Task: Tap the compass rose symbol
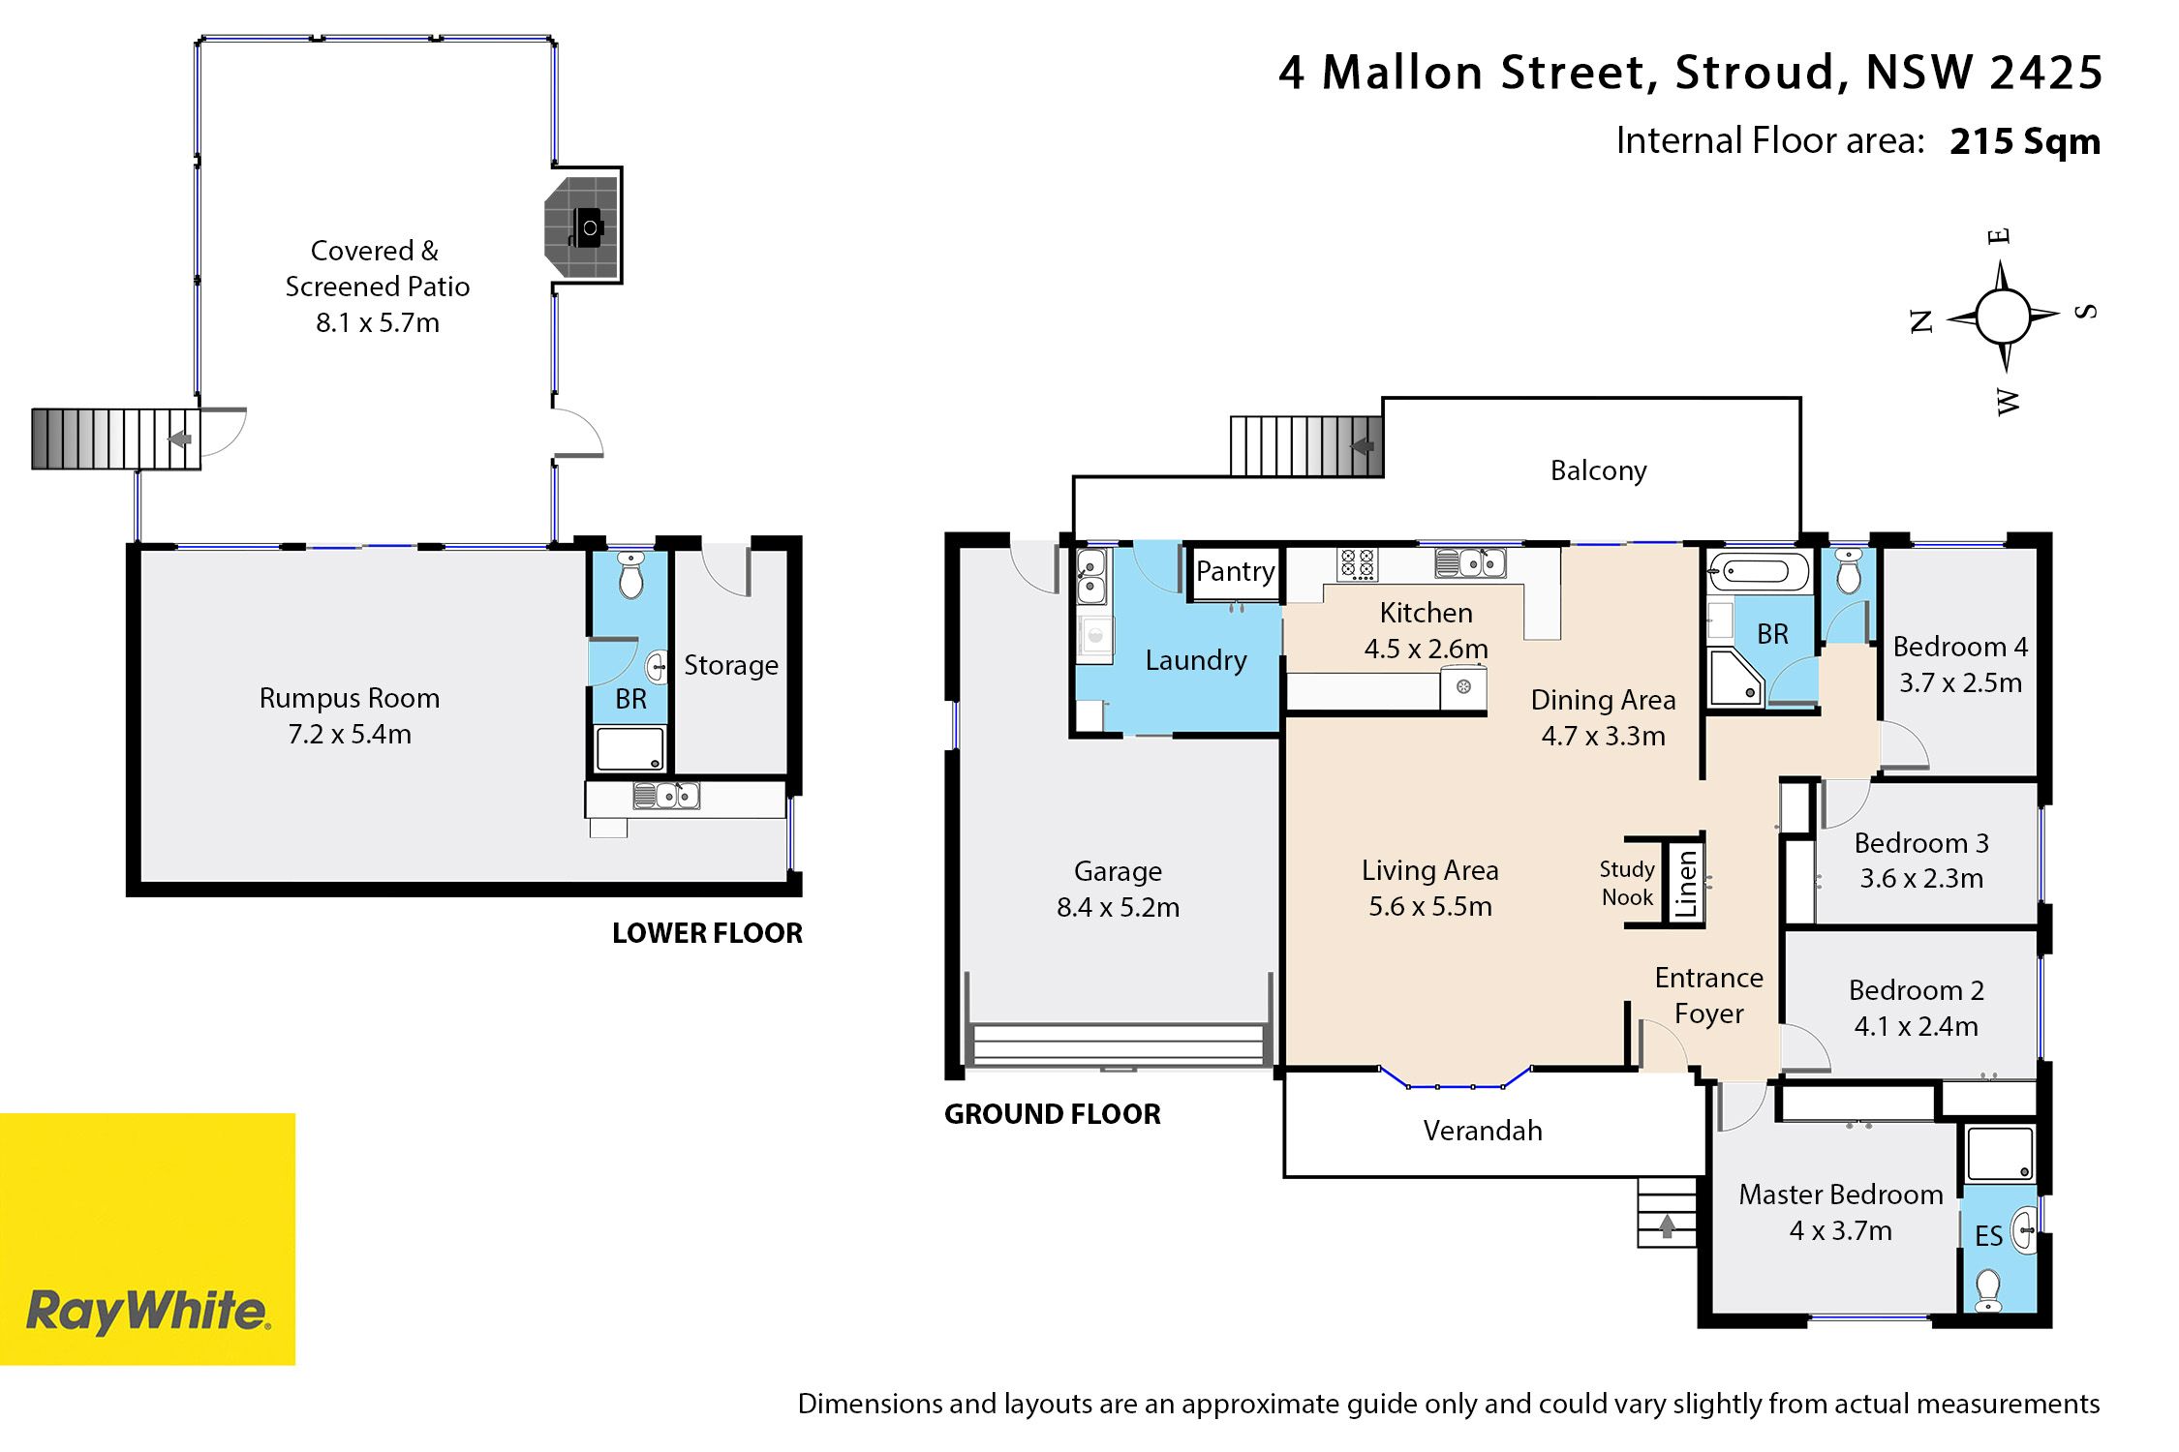pyautogui.click(x=2003, y=317)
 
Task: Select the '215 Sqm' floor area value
pyautogui.click(x=2025, y=141)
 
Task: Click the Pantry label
pyautogui.click(x=1235, y=571)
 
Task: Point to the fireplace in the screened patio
pyautogui.click(x=583, y=227)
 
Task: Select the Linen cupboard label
pyautogui.click(x=1686, y=883)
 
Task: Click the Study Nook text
pyautogui.click(x=1627, y=883)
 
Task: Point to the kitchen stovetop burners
pyautogui.click(x=1357, y=563)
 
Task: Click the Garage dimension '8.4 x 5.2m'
pyautogui.click(x=1118, y=907)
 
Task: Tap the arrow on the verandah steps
pyautogui.click(x=1667, y=1226)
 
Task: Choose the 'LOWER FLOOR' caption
pyautogui.click(x=707, y=933)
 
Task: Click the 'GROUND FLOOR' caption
pyautogui.click(x=1053, y=1114)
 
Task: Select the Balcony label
pyautogui.click(x=1598, y=471)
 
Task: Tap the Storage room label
pyautogui.click(x=731, y=666)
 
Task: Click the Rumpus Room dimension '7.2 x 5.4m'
pyautogui.click(x=350, y=734)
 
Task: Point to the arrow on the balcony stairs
pyautogui.click(x=1363, y=446)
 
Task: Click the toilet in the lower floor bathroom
pyautogui.click(x=630, y=575)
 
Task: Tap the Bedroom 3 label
pyautogui.click(x=1921, y=843)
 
